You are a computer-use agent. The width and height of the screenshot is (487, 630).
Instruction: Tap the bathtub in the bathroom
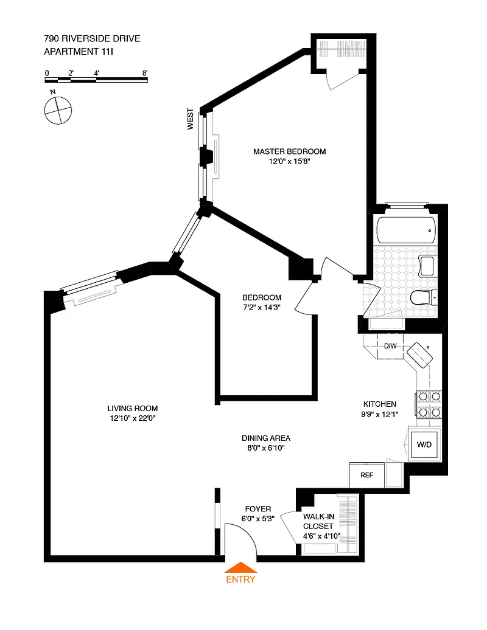(x=406, y=230)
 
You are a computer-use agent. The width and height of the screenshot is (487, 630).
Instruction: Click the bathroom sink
(x=427, y=266)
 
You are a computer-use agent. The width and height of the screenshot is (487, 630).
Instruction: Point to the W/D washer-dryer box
(x=424, y=445)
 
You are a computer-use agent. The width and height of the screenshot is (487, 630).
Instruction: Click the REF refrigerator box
(x=366, y=475)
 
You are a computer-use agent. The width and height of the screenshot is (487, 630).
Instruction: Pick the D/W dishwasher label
(x=390, y=346)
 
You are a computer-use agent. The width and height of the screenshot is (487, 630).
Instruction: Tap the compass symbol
(x=58, y=110)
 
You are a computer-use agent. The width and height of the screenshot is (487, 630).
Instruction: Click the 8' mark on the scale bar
(x=145, y=73)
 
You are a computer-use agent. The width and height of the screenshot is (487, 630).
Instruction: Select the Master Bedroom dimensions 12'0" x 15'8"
(x=290, y=162)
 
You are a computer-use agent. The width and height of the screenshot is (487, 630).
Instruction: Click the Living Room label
(x=132, y=408)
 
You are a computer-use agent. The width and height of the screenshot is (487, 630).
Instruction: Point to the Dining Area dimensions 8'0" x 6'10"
(x=266, y=448)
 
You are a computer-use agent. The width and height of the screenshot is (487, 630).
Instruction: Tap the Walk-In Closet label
(x=318, y=522)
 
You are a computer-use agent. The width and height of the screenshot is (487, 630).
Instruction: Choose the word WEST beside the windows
(x=190, y=119)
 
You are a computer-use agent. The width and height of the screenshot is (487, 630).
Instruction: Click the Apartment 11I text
(x=79, y=52)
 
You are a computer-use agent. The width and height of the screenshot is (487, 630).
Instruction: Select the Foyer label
(x=258, y=508)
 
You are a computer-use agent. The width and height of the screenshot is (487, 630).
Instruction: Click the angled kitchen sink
(x=420, y=355)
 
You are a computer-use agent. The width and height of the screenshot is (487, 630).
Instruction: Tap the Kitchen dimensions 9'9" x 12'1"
(x=380, y=414)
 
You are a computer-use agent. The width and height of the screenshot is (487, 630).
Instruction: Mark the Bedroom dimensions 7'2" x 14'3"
(x=261, y=307)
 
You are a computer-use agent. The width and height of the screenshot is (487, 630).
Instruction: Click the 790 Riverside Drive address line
(x=92, y=38)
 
